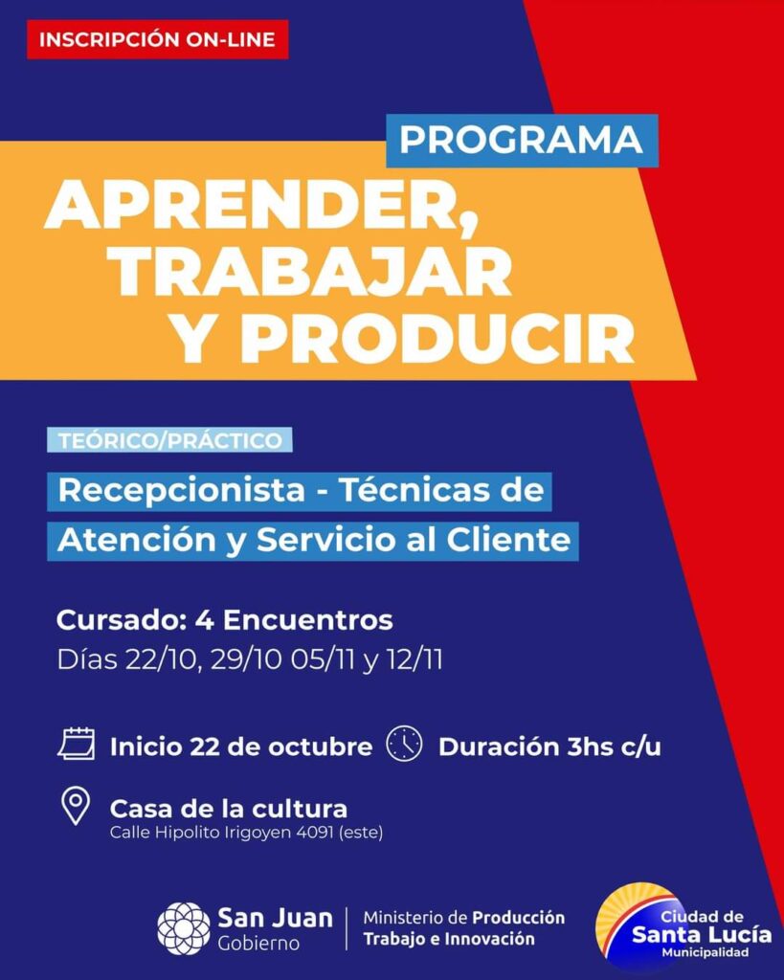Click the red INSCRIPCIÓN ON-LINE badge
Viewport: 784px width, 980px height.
point(158,39)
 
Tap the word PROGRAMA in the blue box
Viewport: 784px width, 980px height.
point(522,140)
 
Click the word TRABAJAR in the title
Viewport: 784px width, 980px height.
point(311,274)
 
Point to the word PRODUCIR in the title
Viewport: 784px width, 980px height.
point(441,340)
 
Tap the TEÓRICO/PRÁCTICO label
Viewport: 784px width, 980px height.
point(170,440)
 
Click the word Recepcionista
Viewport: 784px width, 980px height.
point(181,491)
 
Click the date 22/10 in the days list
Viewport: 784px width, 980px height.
point(163,660)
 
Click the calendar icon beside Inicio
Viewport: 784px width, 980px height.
point(77,744)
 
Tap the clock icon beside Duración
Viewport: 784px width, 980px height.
point(405,744)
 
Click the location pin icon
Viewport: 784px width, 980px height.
point(76,806)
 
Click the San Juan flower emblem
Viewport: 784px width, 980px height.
point(184,928)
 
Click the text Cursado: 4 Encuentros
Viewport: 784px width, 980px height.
point(224,620)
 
